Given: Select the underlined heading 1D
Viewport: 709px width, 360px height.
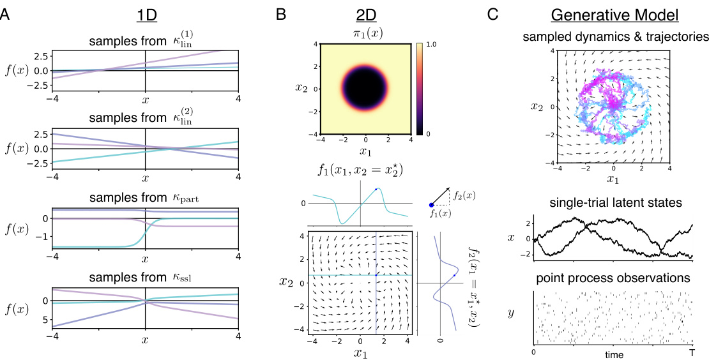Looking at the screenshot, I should (x=146, y=13).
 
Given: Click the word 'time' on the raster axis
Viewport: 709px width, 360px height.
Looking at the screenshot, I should (x=612, y=353).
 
